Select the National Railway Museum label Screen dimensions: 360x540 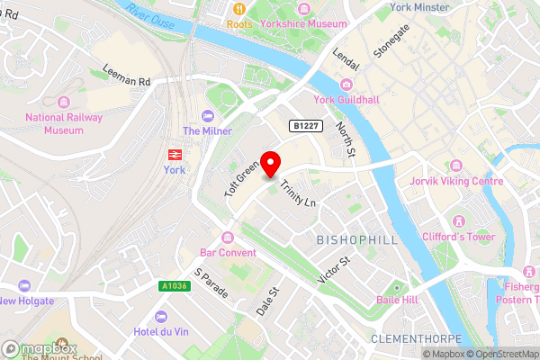(x=64, y=123)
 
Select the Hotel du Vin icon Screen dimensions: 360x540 (x=161, y=316)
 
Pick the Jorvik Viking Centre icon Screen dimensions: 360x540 (x=456, y=166)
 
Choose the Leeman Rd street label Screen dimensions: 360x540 (x=125, y=80)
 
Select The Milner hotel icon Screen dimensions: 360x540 (x=209, y=116)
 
